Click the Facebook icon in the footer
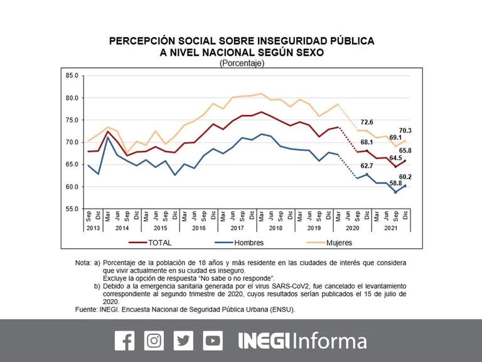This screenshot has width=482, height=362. coord(124,341)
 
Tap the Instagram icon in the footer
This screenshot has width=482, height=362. coord(154,341)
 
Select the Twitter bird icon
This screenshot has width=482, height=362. coord(183,341)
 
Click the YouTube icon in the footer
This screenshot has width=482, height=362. coord(213,341)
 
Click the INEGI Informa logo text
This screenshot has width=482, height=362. coord(303,341)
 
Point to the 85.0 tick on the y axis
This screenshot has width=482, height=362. coord(72,76)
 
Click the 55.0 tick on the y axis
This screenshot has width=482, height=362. coord(72,209)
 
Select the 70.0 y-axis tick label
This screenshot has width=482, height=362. coord(72,142)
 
